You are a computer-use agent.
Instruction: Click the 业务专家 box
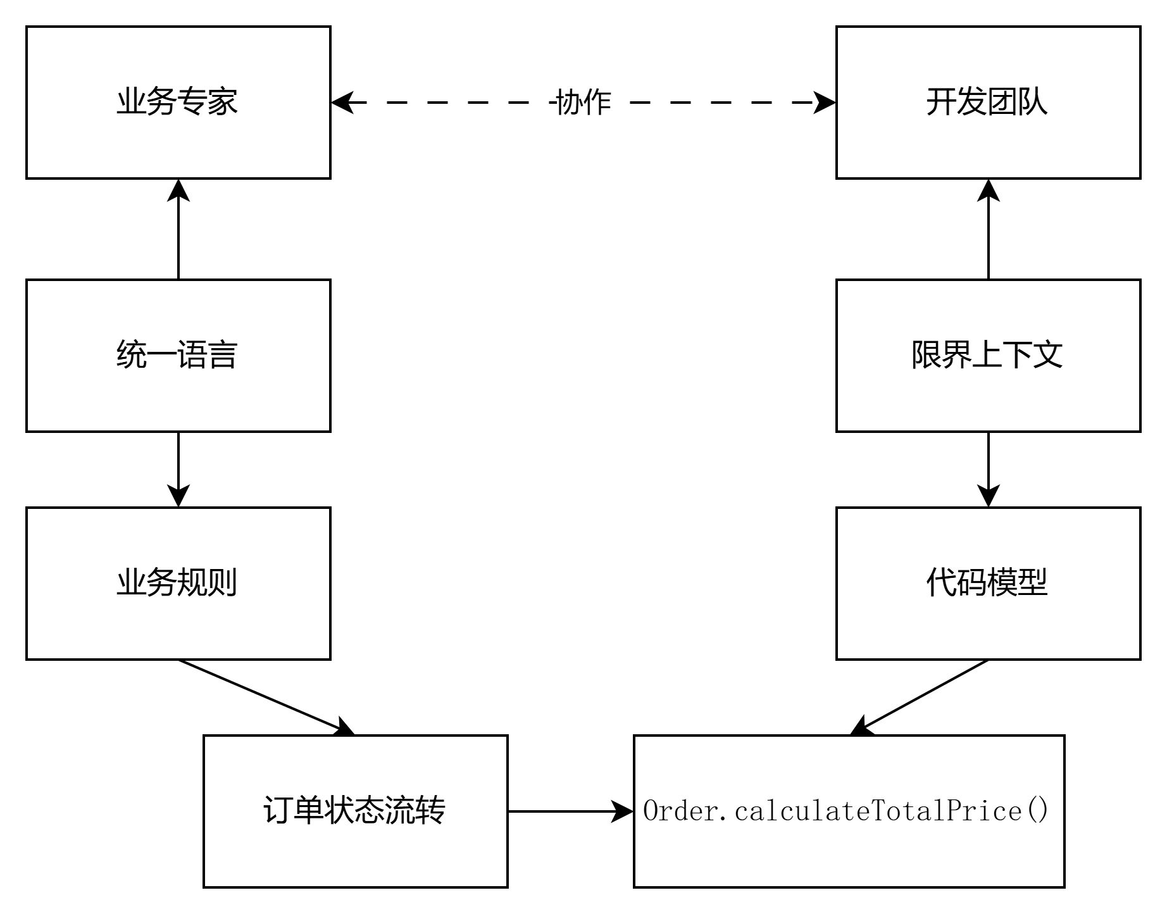tap(178, 102)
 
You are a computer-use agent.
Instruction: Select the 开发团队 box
tap(988, 102)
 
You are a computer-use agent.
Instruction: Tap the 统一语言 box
tap(178, 355)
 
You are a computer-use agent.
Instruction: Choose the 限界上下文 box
tap(988, 355)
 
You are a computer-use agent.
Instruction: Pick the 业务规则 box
tap(178, 583)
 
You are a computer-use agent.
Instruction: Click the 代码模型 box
tap(988, 583)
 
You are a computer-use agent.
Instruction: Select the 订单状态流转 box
tap(355, 811)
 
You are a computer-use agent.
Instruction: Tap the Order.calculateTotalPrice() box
tap(849, 811)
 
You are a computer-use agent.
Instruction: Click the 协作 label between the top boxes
tap(584, 102)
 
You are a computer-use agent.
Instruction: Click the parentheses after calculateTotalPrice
tap(1039, 811)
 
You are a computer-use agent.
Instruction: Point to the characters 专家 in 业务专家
tap(208, 102)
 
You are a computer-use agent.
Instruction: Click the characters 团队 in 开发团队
tap(1018, 102)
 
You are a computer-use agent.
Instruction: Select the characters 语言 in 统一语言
tap(208, 355)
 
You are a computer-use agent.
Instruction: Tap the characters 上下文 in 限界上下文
tap(1017, 355)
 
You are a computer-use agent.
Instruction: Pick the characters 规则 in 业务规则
tap(208, 583)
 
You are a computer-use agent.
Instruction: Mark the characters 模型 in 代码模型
tap(1018, 583)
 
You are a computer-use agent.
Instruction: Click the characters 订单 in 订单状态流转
tap(293, 811)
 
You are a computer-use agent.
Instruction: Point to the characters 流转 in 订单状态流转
tap(415, 811)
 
